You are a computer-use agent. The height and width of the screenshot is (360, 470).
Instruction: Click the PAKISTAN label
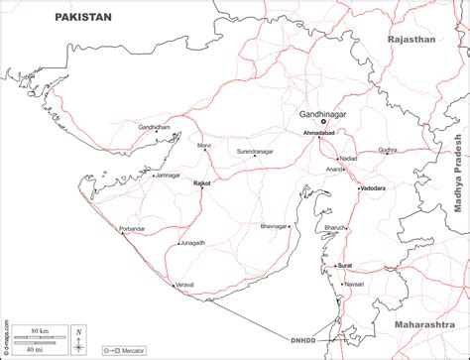click(x=84, y=17)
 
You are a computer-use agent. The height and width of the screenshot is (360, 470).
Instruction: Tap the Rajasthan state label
click(x=412, y=40)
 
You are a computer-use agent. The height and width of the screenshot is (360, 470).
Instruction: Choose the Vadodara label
click(x=372, y=187)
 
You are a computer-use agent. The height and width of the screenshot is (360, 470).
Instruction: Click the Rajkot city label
click(x=202, y=183)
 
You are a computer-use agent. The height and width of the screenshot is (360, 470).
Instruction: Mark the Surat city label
click(x=345, y=266)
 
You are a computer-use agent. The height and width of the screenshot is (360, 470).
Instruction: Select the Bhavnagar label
click(x=275, y=227)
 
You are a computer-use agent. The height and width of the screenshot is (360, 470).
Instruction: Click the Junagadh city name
click(x=192, y=242)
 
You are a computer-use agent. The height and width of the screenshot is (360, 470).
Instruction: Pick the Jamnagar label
click(x=167, y=176)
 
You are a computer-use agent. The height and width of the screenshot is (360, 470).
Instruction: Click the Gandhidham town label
click(x=155, y=128)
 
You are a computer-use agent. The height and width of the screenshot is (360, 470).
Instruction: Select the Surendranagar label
click(x=255, y=151)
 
